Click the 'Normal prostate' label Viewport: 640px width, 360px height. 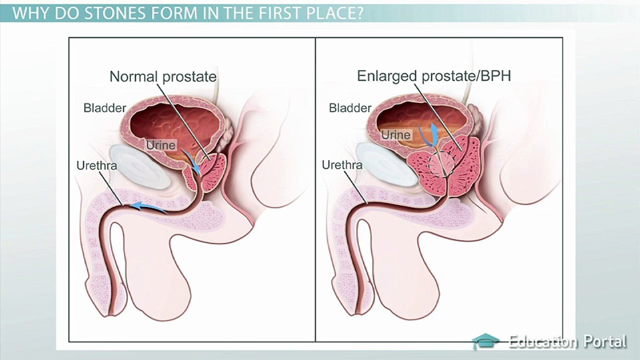click(163, 77)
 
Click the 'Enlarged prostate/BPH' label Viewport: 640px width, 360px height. click(433, 76)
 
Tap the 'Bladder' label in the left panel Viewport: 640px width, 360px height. click(104, 107)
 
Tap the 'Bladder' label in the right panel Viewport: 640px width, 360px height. click(350, 108)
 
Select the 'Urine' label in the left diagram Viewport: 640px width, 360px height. click(161, 145)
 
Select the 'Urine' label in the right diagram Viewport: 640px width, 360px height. click(395, 135)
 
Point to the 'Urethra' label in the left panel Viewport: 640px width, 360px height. click(96, 165)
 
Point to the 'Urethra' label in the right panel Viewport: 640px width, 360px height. click(342, 164)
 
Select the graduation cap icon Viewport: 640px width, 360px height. click(485, 341)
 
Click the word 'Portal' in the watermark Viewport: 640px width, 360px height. click(604, 341)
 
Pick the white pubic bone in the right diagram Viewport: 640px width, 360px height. click(385, 165)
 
